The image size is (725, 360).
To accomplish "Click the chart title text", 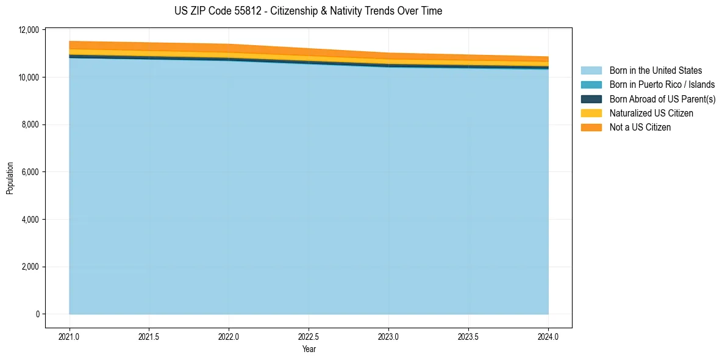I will click(308, 11).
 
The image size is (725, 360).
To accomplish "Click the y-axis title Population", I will click(10, 178).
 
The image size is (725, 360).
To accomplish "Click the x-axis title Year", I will click(309, 349).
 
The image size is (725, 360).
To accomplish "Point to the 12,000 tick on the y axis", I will click(29, 30).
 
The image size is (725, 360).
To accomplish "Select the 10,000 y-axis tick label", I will click(29, 77).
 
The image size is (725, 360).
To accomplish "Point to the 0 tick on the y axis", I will click(37, 314).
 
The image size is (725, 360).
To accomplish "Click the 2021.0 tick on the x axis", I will click(70, 336).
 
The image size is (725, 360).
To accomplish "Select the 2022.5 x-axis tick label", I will click(309, 336).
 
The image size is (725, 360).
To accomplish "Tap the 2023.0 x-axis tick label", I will click(388, 336).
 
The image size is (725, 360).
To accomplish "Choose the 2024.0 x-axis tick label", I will click(548, 336).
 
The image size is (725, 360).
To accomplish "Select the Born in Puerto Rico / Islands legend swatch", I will click(591, 85).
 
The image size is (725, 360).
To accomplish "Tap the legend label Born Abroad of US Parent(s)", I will click(662, 99).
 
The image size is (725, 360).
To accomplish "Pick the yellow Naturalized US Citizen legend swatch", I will click(591, 113).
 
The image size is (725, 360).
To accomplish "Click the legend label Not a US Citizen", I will click(640, 127).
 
